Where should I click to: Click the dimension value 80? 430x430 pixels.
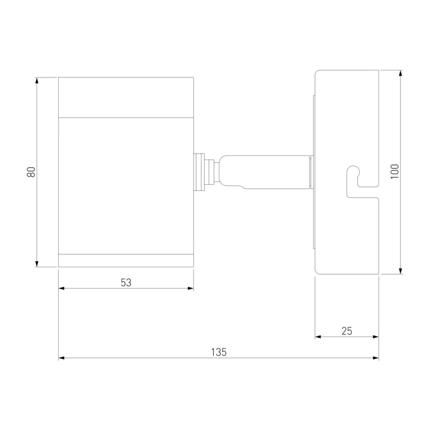click(31, 172)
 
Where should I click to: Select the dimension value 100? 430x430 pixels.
click(395, 171)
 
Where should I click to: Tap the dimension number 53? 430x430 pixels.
click(126, 283)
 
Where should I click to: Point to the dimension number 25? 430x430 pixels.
click(347, 331)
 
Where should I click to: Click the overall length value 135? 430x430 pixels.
click(219, 352)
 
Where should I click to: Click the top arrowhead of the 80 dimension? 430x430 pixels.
click(37, 80)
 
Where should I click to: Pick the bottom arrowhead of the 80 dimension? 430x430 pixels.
click(37, 264)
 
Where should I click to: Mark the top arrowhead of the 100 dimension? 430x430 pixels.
click(400, 73)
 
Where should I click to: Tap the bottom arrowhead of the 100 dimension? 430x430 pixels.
click(400, 271)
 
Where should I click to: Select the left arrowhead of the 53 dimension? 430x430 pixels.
click(61, 288)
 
